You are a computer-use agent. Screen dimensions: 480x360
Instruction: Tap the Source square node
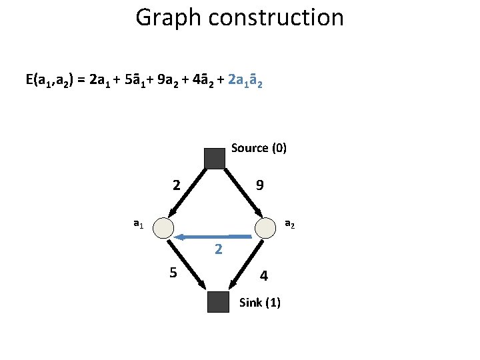[x=215, y=158]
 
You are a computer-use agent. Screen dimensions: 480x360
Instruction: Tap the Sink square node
[x=217, y=302]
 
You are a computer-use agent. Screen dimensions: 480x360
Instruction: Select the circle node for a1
[x=163, y=228]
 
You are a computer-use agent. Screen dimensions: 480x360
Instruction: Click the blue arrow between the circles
[x=213, y=236]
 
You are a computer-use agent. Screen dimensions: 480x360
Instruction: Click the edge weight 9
[x=259, y=185]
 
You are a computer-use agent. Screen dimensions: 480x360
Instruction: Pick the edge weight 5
[x=173, y=273]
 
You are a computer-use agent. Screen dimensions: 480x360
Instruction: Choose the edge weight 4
[x=264, y=275]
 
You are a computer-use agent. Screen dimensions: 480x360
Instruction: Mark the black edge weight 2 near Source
[x=176, y=185]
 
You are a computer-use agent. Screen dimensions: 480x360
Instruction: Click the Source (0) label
[x=259, y=147]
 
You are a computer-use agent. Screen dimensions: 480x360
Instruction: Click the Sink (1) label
[x=259, y=303]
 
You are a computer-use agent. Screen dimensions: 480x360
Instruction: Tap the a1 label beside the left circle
[x=137, y=225]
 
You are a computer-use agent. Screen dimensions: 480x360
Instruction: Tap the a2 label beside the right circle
[x=289, y=224]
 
